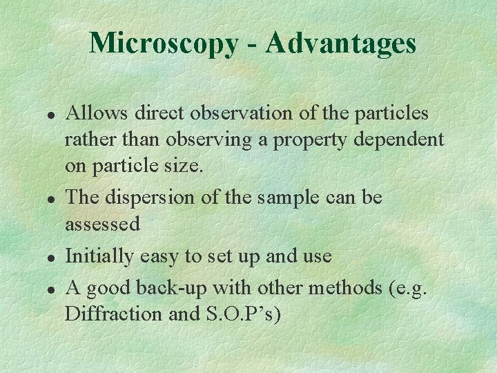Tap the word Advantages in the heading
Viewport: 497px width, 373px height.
coord(340,43)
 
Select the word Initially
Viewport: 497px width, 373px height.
coord(99,256)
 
